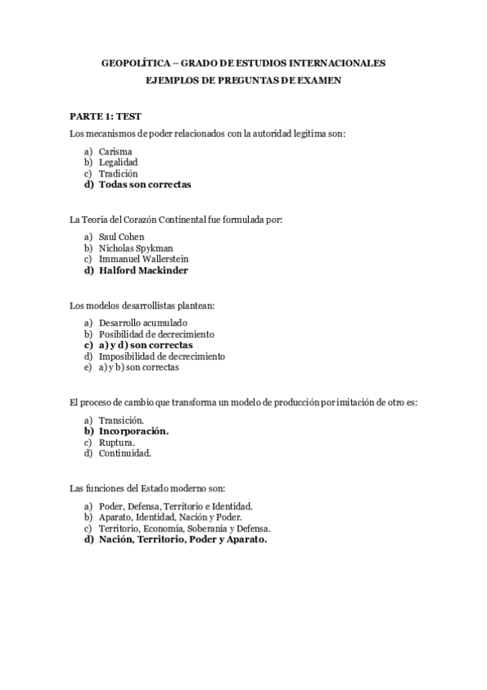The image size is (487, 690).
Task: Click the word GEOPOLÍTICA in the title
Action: point(134,63)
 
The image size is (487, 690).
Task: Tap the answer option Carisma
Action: point(115,151)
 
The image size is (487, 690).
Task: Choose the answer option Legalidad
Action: point(118,162)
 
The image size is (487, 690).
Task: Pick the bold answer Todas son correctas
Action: point(145,185)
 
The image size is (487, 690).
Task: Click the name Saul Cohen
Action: point(121,237)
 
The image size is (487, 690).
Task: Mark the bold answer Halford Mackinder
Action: point(143,270)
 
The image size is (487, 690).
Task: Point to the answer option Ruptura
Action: point(117,442)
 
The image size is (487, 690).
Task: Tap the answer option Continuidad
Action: point(125,452)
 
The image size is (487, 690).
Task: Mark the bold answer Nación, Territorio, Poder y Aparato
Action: point(183,539)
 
